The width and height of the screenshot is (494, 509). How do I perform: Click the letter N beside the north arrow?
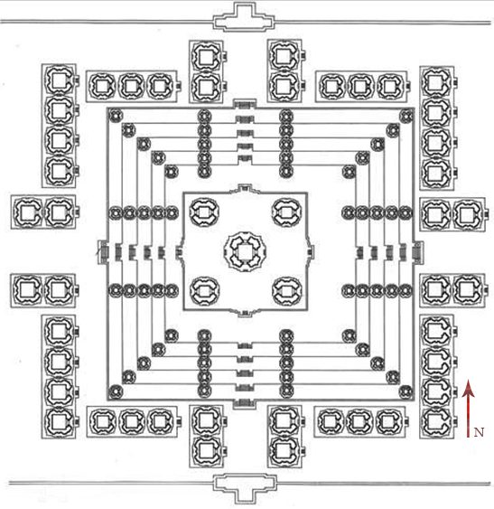pyautogui.click(x=479, y=432)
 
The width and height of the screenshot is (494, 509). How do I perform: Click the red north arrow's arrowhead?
pyautogui.click(x=469, y=389)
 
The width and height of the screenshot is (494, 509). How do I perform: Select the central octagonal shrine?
pyautogui.click(x=246, y=251)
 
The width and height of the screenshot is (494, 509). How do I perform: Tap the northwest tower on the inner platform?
pyautogui.click(x=204, y=212)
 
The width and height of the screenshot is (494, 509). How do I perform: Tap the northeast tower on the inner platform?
pyautogui.click(x=287, y=212)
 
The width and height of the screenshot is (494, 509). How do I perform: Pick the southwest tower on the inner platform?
pyautogui.click(x=204, y=291)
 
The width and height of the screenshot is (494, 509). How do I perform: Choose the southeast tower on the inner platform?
pyautogui.click(x=287, y=291)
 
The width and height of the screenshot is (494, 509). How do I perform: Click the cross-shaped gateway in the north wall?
pyautogui.click(x=244, y=18)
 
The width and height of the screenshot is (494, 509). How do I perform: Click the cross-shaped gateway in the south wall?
pyautogui.click(x=245, y=488)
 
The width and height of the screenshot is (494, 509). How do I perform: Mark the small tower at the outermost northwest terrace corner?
pyautogui.click(x=116, y=116)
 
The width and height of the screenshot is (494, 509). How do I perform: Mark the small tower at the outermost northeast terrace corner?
pyautogui.click(x=406, y=116)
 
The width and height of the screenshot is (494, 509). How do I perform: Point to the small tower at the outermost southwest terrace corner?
pyautogui.click(x=116, y=391)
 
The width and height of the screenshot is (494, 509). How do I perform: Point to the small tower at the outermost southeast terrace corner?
pyautogui.click(x=406, y=391)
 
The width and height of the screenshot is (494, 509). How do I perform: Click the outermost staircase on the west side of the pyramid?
pyautogui.click(x=104, y=252)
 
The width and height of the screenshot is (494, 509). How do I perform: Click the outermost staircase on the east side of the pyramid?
pyautogui.click(x=417, y=252)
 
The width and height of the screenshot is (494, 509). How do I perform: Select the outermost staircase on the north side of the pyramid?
pyautogui.click(x=245, y=105)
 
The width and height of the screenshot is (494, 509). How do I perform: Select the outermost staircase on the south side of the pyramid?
pyautogui.click(x=245, y=402)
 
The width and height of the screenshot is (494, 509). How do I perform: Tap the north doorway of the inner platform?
pyautogui.click(x=246, y=188)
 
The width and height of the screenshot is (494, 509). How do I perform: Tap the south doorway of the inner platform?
pyautogui.click(x=246, y=313)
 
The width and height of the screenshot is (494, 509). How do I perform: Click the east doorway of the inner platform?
pyautogui.click(x=311, y=252)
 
